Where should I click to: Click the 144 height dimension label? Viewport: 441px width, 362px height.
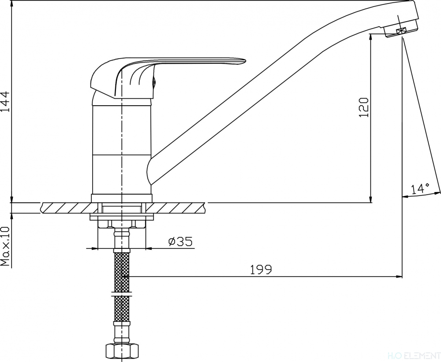(6, 101)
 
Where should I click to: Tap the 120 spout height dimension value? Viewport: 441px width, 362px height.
(364, 107)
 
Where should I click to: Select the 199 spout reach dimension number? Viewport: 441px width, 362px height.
(261, 270)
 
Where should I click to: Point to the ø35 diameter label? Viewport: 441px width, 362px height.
(180, 241)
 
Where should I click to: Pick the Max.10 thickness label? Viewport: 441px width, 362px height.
(5, 246)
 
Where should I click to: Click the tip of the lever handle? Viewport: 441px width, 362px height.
(245, 61)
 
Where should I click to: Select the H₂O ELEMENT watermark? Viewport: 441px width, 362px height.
(420, 356)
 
